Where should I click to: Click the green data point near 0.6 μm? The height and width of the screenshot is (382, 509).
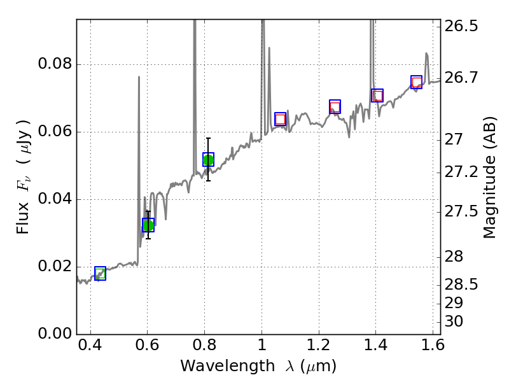tap(148, 225)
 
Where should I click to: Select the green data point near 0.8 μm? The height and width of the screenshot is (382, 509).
tap(208, 160)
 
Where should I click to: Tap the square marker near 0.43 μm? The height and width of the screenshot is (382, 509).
tap(100, 274)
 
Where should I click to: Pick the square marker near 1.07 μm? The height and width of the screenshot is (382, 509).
tap(280, 119)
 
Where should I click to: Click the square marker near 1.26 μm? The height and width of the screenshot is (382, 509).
tap(335, 107)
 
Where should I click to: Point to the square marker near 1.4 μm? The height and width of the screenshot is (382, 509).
tap(377, 95)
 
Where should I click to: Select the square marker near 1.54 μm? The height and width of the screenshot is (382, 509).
tap(416, 82)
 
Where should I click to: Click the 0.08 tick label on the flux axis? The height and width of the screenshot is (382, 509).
tap(56, 65)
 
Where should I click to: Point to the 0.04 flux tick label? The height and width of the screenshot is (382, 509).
tap(56, 200)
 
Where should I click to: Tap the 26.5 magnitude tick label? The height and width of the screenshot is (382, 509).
tap(462, 27)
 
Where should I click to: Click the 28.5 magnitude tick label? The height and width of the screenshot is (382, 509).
tap(462, 284)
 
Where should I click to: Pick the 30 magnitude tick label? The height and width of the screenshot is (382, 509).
tap(456, 322)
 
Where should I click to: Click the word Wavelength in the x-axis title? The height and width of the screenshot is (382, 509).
tap(217, 366)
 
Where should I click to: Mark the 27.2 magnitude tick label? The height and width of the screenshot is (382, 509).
tap(462, 173)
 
